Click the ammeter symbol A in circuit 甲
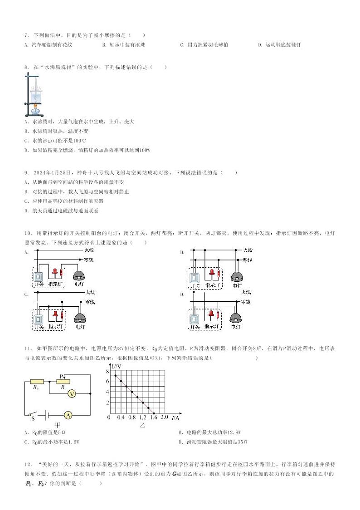[67, 415]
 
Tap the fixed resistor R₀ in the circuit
[36, 382]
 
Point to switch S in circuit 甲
[31, 415]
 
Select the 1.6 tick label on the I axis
[154, 417]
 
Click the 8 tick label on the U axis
[108, 371]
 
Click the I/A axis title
[175, 417]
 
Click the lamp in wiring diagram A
[79, 275]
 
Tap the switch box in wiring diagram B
[195, 276]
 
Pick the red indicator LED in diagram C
[55, 314]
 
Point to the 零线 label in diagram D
[245, 302]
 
